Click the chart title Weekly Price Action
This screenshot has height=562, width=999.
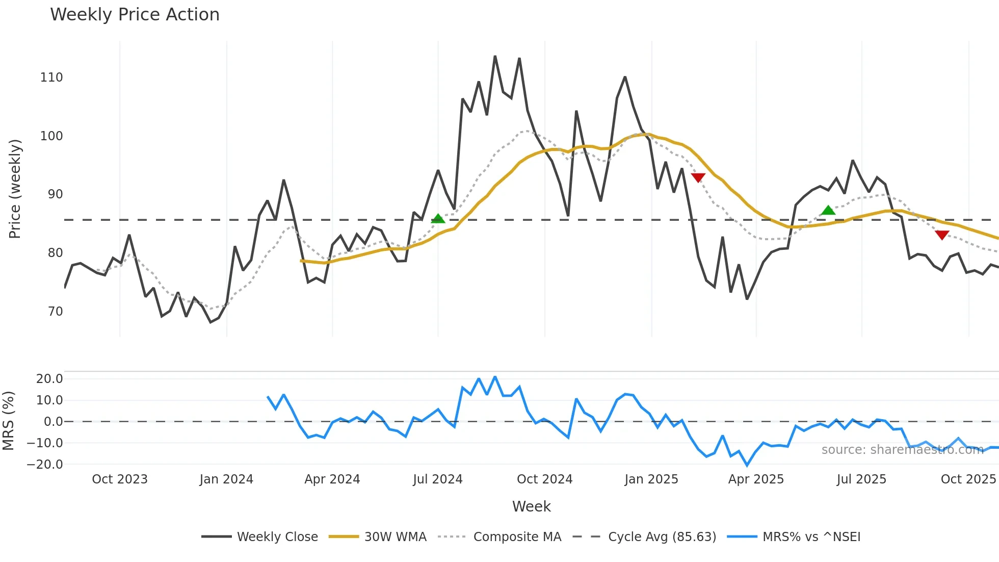coord(135,15)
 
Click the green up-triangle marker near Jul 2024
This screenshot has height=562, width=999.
coord(438,219)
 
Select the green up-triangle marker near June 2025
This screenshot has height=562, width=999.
coord(828,210)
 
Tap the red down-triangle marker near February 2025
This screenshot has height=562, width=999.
coord(698,177)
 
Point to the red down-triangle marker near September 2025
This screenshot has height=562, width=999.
coord(942,235)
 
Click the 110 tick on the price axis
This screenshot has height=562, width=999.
coord(51,78)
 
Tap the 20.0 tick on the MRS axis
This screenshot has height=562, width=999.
coord(49,379)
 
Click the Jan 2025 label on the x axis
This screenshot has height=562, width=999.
coord(651,479)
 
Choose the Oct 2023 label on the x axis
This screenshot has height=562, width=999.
coord(120,479)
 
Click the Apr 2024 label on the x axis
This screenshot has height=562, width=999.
coord(332,479)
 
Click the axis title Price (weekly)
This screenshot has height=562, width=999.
coord(15,189)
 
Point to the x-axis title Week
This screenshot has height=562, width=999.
coord(531,506)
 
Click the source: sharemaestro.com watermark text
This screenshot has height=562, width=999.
coord(902,450)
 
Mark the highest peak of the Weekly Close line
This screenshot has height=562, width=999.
coord(495,57)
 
